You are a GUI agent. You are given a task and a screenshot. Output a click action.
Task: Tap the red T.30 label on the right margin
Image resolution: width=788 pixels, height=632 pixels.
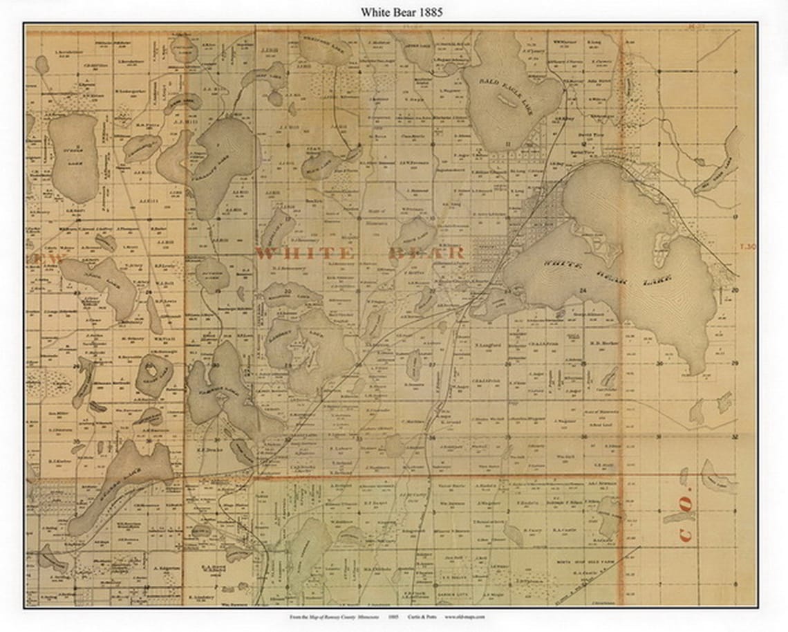pyautogui.click(x=745, y=245)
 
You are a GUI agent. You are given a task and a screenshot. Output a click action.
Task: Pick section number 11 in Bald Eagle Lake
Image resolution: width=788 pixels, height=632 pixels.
pyautogui.click(x=508, y=144)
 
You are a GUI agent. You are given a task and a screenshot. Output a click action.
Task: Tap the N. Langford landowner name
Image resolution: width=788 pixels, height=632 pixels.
pyautogui.click(x=487, y=344)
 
